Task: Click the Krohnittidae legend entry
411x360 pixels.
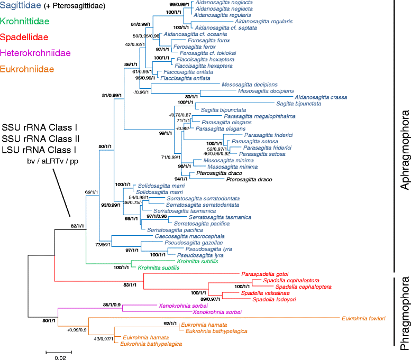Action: (25, 21)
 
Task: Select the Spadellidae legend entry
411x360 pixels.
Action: (24, 37)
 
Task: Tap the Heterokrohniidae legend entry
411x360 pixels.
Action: (35, 53)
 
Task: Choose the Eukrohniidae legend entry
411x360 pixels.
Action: (27, 69)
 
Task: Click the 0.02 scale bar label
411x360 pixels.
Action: (60, 358)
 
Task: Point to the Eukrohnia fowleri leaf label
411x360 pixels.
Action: (363, 319)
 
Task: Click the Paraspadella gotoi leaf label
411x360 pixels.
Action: (265, 274)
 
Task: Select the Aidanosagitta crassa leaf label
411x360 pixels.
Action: (321, 97)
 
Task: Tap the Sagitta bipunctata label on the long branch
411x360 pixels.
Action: (299, 104)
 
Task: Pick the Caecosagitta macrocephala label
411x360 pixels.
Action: (190, 236)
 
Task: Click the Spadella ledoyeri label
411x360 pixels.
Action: (274, 300)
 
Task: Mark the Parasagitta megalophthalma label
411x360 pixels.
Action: (260, 116)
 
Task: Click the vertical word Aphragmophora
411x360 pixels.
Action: (405, 150)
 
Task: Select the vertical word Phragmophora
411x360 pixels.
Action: (405, 313)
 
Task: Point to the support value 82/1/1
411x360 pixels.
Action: (77, 226)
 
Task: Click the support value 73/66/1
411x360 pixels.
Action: (103, 245)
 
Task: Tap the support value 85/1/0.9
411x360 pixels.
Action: (112, 304)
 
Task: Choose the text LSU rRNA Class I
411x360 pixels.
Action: (39, 150)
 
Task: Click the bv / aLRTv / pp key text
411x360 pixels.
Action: (53, 161)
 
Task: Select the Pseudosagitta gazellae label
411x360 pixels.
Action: (194, 243)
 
